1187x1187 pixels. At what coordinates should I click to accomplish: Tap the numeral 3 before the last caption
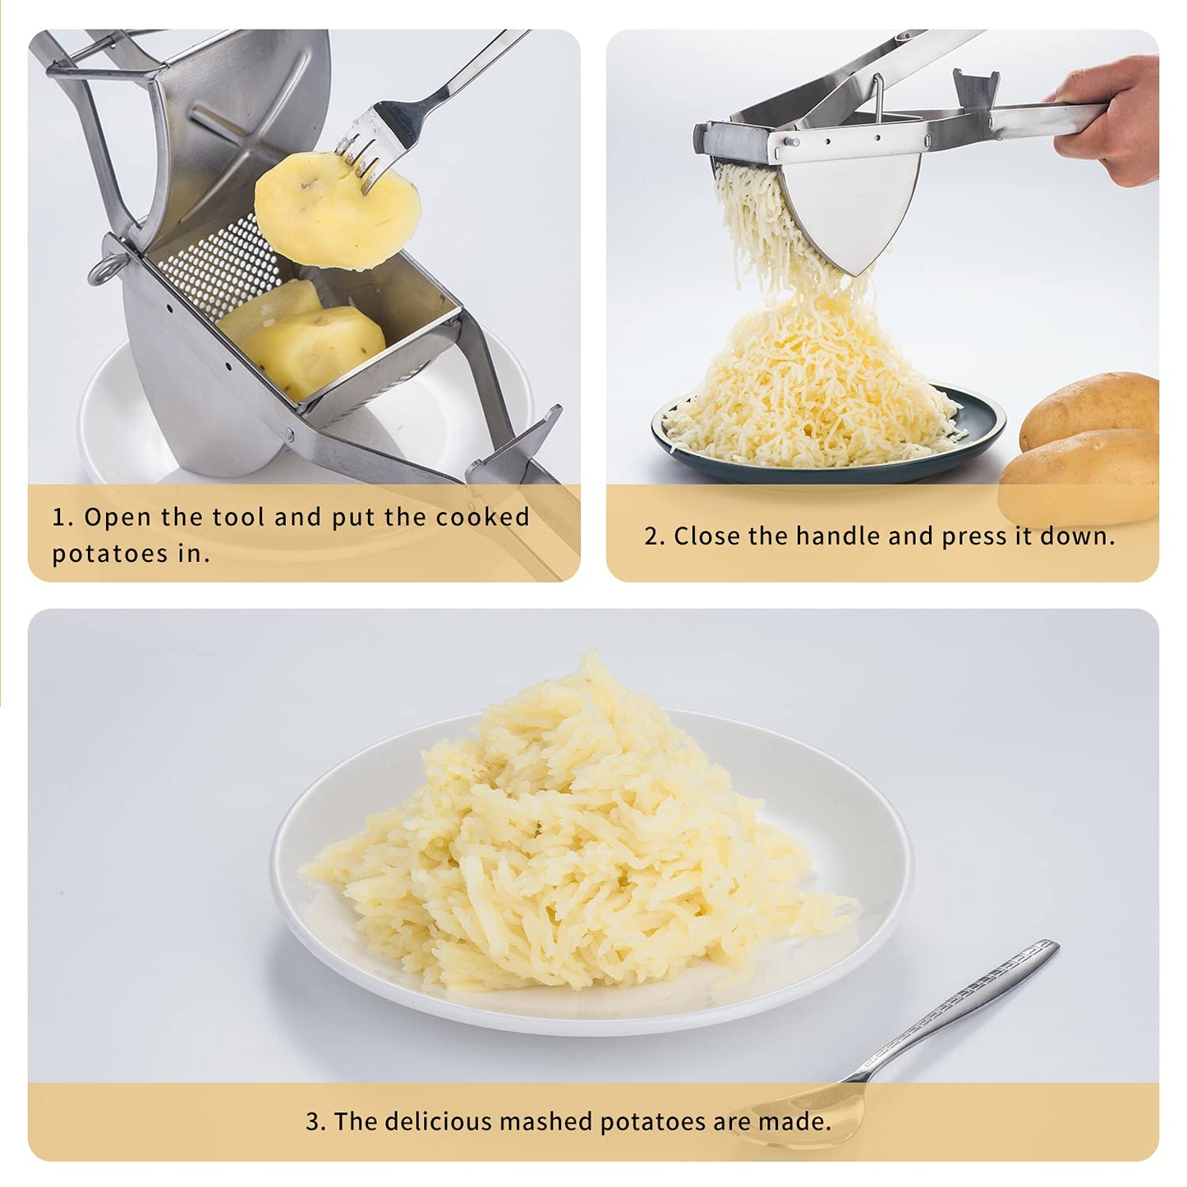click(x=312, y=1121)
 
